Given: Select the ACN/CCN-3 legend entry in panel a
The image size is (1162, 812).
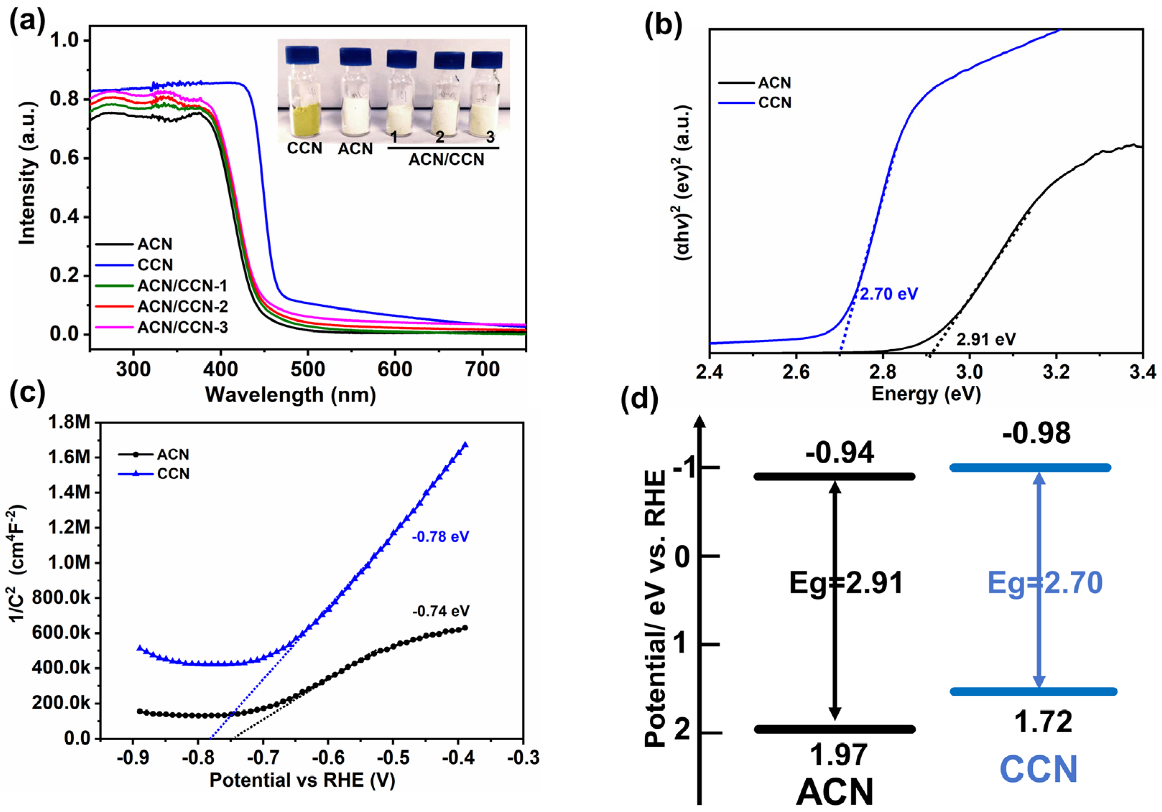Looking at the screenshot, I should (x=182, y=327).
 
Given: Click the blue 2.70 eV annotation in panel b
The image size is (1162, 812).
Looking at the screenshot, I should (x=889, y=294).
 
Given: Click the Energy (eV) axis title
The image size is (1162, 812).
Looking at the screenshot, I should (x=926, y=394).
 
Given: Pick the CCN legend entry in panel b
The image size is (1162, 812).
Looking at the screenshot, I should (x=774, y=103).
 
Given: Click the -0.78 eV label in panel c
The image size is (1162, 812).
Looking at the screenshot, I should (x=440, y=537).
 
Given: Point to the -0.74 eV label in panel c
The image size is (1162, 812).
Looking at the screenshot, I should (x=440, y=611).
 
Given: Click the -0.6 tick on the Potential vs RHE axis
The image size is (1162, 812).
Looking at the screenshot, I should (x=328, y=758).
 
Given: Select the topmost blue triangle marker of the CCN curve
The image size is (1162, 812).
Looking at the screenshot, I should (x=465, y=445).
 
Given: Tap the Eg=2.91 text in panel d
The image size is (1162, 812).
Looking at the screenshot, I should (x=846, y=583).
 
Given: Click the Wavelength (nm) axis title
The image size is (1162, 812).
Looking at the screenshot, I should (x=290, y=395).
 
